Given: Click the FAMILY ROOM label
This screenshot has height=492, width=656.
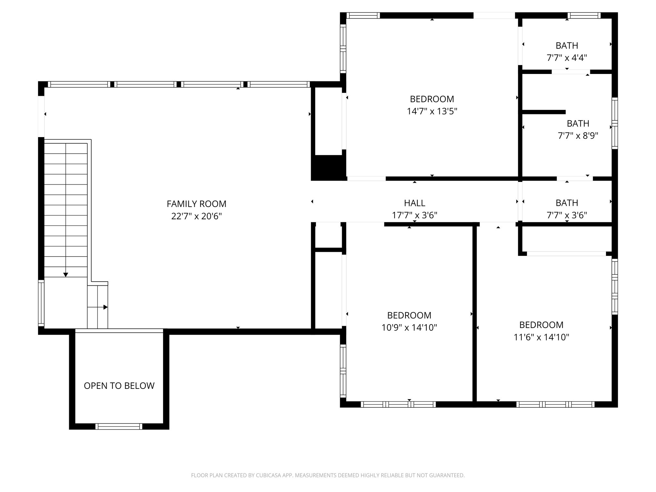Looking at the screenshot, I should pos(196,204).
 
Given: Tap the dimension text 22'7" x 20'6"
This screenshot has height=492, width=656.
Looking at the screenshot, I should pos(196,216).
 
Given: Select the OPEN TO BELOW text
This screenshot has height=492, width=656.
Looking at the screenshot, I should pos(119,386).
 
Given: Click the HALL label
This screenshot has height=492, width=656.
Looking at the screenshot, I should pos(414,203).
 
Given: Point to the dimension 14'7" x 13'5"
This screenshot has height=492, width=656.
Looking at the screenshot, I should pos(432,111).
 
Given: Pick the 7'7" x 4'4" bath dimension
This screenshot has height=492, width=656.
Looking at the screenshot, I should pos(567,58).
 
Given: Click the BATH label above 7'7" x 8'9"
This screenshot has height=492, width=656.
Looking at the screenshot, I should pos(578,123).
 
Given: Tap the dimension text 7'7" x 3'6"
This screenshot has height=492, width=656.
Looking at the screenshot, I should pos(567,215).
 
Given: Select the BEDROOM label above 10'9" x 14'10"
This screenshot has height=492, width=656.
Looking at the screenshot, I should pos(409,315).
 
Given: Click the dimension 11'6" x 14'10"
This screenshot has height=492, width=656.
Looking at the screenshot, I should pos(541,337).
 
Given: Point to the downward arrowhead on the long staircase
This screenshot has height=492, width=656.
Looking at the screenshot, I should pos(66,275).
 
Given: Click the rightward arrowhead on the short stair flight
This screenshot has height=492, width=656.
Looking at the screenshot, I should pos(105,307).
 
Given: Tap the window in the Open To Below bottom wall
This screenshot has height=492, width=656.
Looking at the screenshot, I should pos(119,426).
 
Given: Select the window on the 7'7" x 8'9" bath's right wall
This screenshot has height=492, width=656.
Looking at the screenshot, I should pos(614,123).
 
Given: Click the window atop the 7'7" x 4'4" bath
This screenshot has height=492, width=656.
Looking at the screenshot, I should pos(584,15).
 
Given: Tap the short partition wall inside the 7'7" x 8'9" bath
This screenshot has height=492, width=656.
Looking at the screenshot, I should pos(544,112).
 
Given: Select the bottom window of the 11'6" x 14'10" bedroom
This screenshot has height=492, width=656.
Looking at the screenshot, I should pos(555,404).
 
